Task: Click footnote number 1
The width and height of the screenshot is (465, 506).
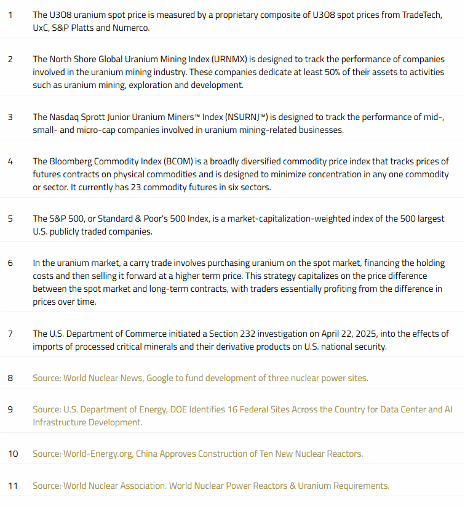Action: [x=10, y=14]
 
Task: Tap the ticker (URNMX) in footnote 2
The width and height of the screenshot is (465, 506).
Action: [x=230, y=59]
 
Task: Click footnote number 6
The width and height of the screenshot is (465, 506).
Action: [x=10, y=263]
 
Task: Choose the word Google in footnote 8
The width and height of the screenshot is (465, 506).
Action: [x=161, y=378]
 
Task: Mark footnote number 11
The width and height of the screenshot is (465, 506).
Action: [x=13, y=486]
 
